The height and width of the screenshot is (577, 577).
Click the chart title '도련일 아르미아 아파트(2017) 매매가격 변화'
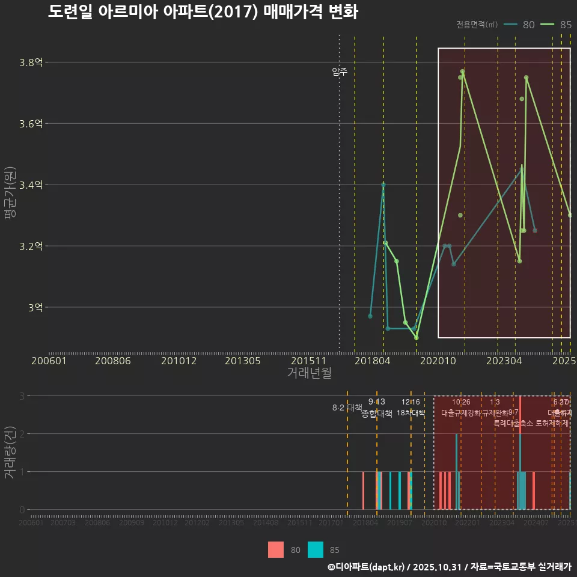pyautogui.click(x=203, y=12)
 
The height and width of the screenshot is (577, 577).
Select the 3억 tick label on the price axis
pyautogui.click(x=35, y=308)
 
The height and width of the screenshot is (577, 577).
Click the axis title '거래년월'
pyautogui.click(x=309, y=373)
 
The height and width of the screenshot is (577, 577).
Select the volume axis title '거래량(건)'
pyautogui.click(x=10, y=453)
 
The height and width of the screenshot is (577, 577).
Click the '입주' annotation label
pyautogui.click(x=340, y=72)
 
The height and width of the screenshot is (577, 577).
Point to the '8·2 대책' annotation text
pyautogui.click(x=347, y=408)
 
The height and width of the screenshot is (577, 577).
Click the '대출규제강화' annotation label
pyautogui.click(x=460, y=414)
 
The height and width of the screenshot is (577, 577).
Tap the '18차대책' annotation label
pyautogui.click(x=411, y=413)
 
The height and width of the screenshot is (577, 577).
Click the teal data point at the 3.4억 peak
pyautogui.click(x=383, y=185)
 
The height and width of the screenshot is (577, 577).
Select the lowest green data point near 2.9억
pyautogui.click(x=417, y=337)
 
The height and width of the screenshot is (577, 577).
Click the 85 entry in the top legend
pyautogui.click(x=557, y=25)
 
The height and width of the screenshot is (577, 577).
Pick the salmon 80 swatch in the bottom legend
pyautogui.click(x=276, y=549)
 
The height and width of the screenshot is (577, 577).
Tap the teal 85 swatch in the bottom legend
pyautogui.click(x=316, y=549)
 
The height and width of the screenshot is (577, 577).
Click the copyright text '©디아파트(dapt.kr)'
pyautogui.click(x=367, y=567)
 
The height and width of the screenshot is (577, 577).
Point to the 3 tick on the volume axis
pyautogui.click(x=22, y=396)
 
